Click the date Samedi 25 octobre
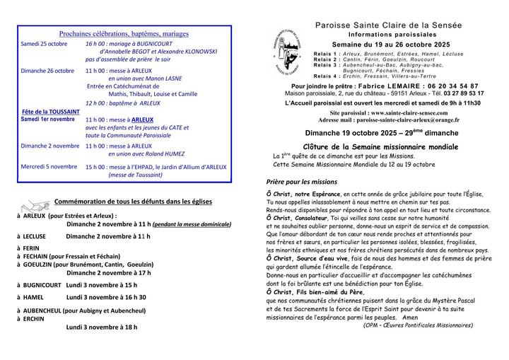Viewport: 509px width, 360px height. click(x=44, y=44)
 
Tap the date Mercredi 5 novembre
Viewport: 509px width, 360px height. click(x=49, y=167)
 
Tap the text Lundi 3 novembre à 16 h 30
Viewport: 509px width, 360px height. click(x=106, y=297)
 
